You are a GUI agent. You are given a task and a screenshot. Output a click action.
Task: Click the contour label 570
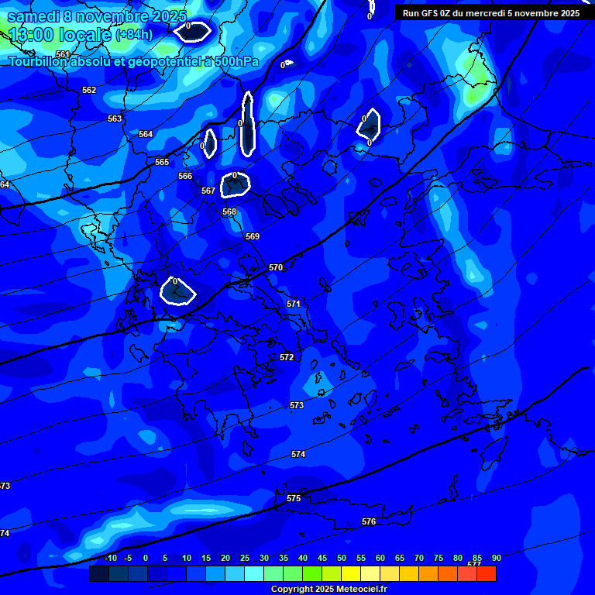click(x=276, y=267)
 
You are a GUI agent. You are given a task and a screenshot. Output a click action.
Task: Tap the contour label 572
click(x=287, y=357)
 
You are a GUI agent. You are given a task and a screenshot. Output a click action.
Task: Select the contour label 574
click(x=298, y=454)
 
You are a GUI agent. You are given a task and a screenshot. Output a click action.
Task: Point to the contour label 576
click(x=369, y=522)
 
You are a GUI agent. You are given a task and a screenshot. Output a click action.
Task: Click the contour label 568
click(x=229, y=212)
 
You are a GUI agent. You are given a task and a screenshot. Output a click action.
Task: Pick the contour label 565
click(x=162, y=162)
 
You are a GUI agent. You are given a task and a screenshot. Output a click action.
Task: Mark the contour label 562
click(x=89, y=90)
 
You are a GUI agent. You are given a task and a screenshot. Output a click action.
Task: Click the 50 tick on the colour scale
click(x=342, y=559)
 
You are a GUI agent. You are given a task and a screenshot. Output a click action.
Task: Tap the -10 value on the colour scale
click(x=110, y=559)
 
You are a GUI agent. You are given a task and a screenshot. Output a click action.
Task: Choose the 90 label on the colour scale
click(x=496, y=559)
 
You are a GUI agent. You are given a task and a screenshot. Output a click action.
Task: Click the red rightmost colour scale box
click(x=486, y=573)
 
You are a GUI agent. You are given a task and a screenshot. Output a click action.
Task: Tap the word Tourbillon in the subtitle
click(x=39, y=62)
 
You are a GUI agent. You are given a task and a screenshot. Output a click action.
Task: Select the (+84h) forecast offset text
click(x=134, y=35)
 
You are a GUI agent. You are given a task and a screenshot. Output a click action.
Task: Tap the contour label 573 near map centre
click(x=297, y=405)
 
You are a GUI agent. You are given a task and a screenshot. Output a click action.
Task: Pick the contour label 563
click(x=115, y=119)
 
